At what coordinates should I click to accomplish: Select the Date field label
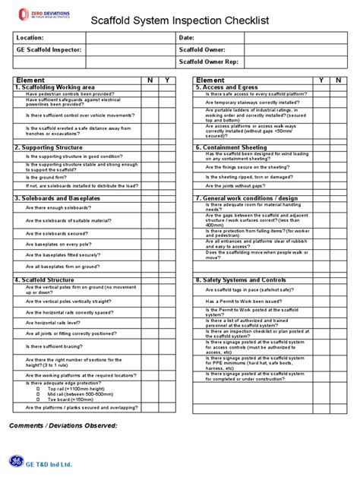click(x=187, y=37)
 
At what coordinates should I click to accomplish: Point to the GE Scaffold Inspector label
click(x=47, y=49)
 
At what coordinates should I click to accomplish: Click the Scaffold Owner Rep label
click(x=208, y=62)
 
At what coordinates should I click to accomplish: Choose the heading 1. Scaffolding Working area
click(x=55, y=87)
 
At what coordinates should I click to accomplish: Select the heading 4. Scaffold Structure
click(x=43, y=279)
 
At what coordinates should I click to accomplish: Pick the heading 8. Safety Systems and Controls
click(x=241, y=279)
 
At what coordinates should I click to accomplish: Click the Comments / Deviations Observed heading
click(x=64, y=425)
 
